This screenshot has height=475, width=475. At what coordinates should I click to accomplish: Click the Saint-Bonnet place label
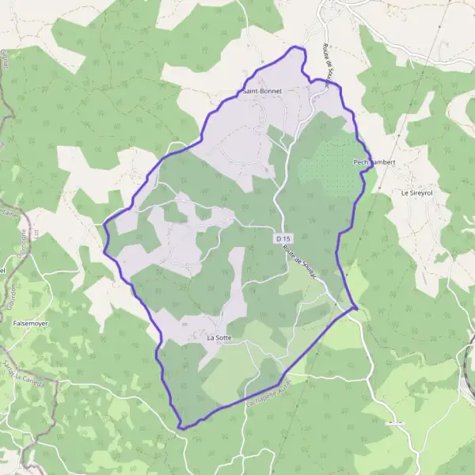(x=264, y=91)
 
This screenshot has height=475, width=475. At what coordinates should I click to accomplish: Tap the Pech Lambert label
(x=374, y=162)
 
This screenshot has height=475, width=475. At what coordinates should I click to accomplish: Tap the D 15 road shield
(x=283, y=237)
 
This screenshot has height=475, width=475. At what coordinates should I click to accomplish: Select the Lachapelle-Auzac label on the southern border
(x=269, y=389)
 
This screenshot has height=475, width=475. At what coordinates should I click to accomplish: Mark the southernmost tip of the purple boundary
(x=181, y=428)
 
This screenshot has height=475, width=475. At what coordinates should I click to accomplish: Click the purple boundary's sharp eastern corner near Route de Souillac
(x=357, y=307)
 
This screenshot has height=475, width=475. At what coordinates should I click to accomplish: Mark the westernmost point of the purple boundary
(x=104, y=225)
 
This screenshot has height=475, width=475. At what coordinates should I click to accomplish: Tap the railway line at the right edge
(x=469, y=348)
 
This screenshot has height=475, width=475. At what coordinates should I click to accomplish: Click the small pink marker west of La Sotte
(x=184, y=324)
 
